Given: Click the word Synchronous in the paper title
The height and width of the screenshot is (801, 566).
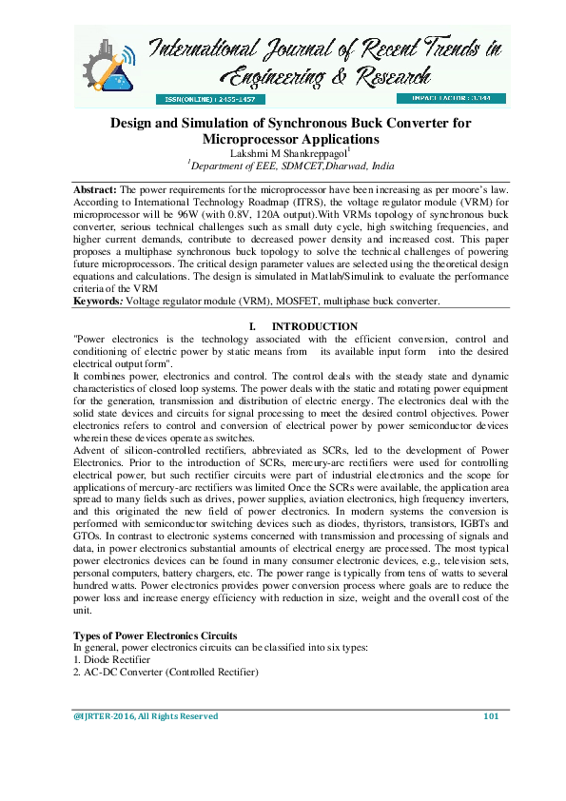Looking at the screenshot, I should tap(306, 124).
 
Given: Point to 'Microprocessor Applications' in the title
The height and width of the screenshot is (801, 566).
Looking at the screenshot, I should tap(297, 139).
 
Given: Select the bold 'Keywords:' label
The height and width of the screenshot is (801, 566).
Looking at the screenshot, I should tap(99, 302).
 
